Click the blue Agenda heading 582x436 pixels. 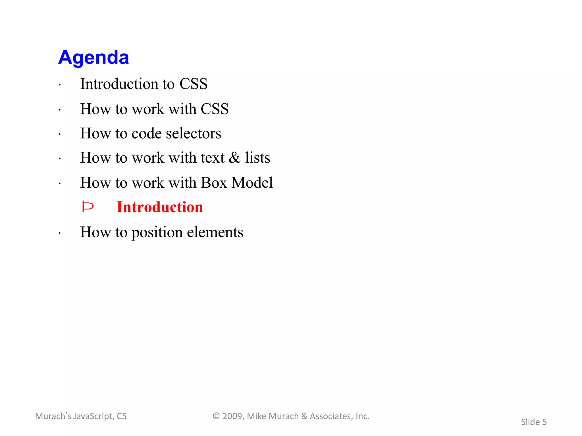point(93,57)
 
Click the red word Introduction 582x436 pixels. point(160,207)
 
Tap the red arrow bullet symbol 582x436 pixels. point(88,207)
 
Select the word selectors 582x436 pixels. point(194,133)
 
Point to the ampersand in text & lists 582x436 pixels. point(235,158)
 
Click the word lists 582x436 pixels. point(257,158)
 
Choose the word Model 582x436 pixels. point(252,183)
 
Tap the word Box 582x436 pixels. point(214,183)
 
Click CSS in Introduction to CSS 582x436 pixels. point(194,84)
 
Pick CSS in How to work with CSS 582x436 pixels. point(215,109)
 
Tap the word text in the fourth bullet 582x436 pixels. point(213,158)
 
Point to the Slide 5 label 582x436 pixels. point(534,422)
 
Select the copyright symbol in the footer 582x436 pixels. point(216,416)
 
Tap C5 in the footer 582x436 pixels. point(122,416)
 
